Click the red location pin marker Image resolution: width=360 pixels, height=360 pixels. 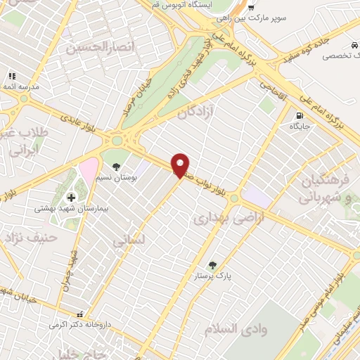[181, 164]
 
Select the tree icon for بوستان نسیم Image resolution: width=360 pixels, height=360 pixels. [116, 147]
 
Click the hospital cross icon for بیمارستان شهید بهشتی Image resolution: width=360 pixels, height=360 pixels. [70, 198]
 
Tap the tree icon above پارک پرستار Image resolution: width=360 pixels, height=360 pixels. [212, 265]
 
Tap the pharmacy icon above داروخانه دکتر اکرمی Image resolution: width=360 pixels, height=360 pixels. [80, 314]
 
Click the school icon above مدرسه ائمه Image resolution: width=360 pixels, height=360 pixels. [11, 75]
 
